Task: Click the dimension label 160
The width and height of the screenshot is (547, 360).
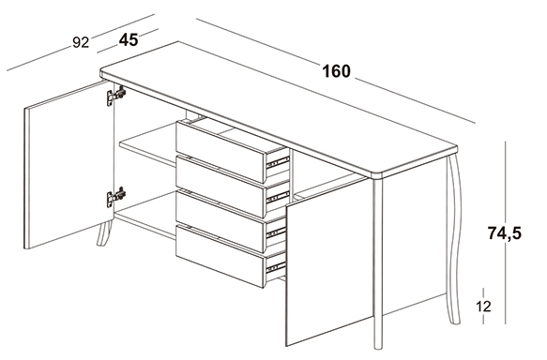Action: click(x=336, y=71)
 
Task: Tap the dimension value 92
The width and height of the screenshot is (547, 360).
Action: click(x=81, y=42)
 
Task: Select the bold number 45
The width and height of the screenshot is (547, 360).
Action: click(x=129, y=40)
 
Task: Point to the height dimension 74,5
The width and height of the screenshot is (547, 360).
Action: click(x=505, y=233)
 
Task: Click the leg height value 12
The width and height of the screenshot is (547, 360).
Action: click(x=483, y=307)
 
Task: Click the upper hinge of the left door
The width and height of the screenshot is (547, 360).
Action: click(x=116, y=95)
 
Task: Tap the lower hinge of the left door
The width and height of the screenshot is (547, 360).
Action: click(x=116, y=197)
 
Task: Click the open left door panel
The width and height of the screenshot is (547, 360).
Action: click(x=69, y=166)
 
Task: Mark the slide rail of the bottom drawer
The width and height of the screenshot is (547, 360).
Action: click(x=276, y=267)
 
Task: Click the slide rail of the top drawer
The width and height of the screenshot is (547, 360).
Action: click(x=278, y=162)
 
